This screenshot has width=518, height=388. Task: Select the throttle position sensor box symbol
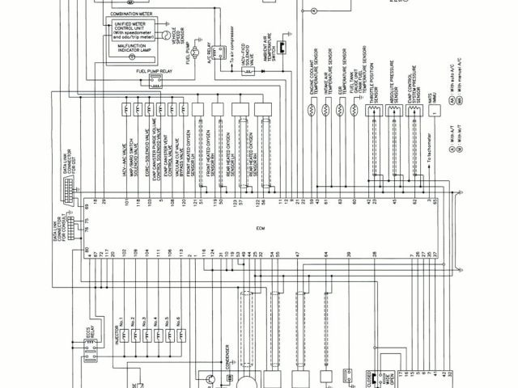pos(375,113)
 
